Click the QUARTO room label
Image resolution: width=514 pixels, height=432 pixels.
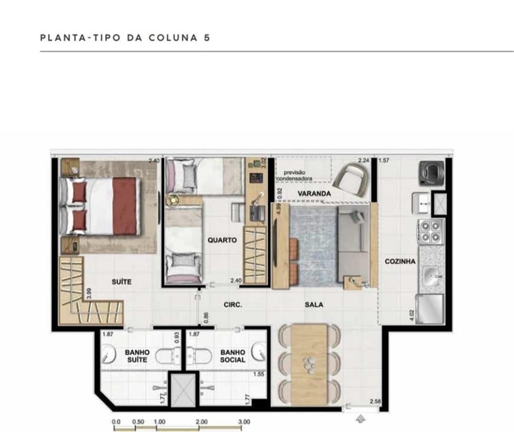click(x=222, y=240)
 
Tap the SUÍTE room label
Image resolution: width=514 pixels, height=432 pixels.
click(x=121, y=282)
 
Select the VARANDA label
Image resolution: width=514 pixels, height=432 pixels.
click(x=314, y=193)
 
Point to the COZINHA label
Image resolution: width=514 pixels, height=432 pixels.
click(x=400, y=261)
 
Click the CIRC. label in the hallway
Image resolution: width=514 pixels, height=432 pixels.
click(x=233, y=305)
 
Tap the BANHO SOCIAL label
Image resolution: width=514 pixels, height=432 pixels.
click(x=233, y=356)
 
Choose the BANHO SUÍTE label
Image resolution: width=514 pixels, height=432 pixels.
click(x=137, y=356)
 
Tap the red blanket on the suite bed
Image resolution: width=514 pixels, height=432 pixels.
click(x=125, y=206)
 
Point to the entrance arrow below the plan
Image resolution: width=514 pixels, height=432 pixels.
click(x=360, y=419)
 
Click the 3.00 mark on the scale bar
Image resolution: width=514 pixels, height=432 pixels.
click(x=244, y=422)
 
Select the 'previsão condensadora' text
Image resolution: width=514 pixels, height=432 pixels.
click(x=295, y=175)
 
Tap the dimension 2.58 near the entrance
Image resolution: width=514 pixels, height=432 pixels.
click(x=375, y=402)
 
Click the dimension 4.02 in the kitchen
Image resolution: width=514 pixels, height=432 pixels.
click(x=412, y=315)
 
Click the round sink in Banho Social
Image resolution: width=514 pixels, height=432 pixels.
click(x=259, y=352)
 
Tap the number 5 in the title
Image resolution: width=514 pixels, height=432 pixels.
click(x=207, y=38)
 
